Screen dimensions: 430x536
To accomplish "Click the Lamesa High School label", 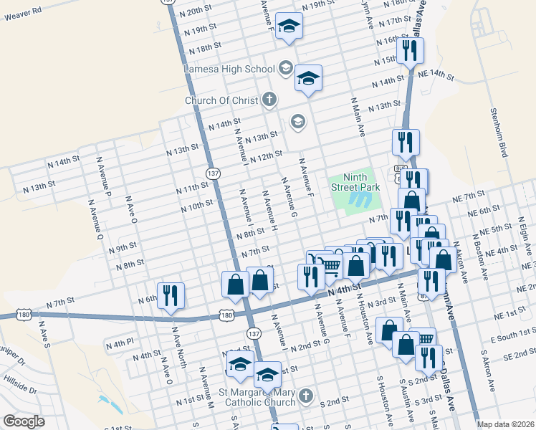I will click(x=229, y=70).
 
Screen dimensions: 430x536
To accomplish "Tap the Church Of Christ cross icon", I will click(x=269, y=100).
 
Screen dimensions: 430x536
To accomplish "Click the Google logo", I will click(x=24, y=421).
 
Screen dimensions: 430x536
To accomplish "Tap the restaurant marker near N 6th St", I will click(x=171, y=297).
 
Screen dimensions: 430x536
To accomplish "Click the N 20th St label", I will click(x=198, y=12).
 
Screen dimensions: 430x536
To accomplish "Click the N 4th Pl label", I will click(x=120, y=344).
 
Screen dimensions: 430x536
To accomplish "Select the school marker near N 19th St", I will click(x=289, y=27).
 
